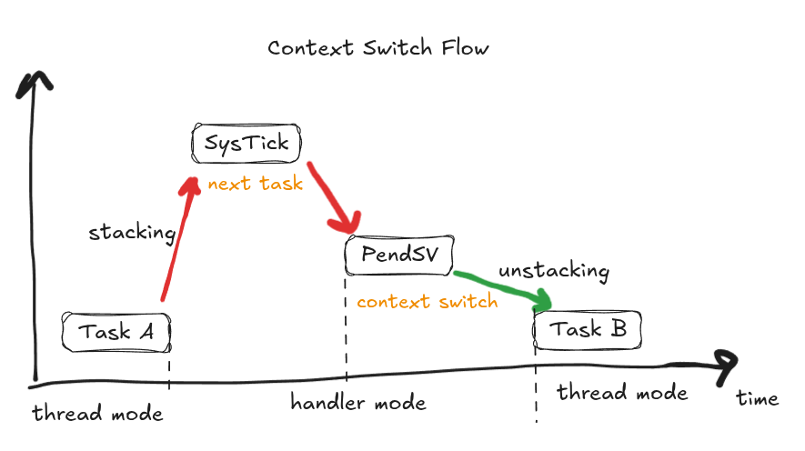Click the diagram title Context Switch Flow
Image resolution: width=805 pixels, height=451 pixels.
click(x=377, y=47)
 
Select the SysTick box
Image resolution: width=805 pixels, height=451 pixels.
click(x=246, y=143)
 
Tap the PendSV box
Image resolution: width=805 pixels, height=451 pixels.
click(x=398, y=254)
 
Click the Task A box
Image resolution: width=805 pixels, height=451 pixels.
click(x=116, y=332)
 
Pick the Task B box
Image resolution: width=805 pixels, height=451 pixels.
click(x=588, y=329)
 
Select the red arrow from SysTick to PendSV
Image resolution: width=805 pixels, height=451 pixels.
click(x=332, y=198)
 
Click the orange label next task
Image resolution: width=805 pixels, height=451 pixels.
click(x=255, y=184)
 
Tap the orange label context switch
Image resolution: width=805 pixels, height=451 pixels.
click(x=427, y=301)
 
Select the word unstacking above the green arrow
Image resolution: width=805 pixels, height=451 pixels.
click(x=553, y=271)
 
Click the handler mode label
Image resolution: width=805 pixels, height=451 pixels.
click(x=358, y=402)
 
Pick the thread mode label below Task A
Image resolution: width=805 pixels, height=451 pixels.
click(x=97, y=414)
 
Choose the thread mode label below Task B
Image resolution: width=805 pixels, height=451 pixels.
click(x=622, y=393)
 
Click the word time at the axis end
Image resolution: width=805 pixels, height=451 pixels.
click(x=757, y=398)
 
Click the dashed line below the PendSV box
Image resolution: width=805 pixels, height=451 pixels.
click(x=347, y=327)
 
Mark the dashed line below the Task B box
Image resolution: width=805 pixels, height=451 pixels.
click(x=536, y=391)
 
